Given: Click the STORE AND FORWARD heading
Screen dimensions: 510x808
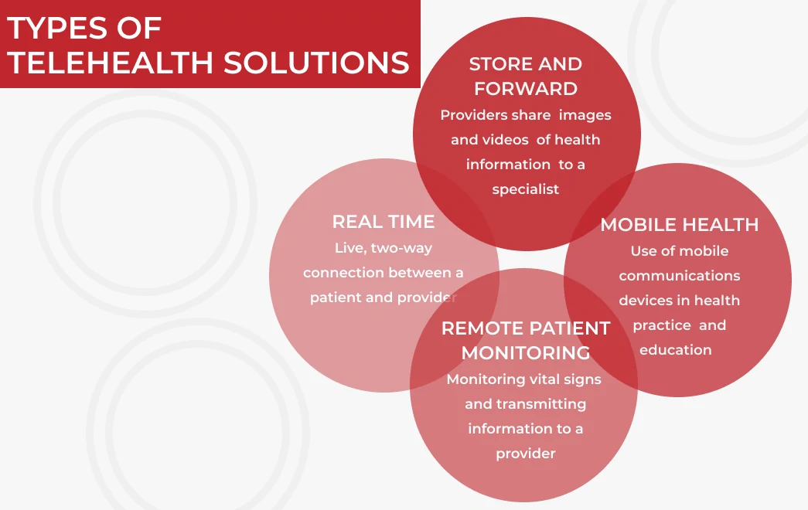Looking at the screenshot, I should point(526,76).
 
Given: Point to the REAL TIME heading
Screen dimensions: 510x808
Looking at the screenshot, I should point(384,222).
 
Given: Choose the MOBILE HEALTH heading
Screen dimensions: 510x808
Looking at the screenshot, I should point(680,225).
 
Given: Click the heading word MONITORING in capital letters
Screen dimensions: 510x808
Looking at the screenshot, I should point(526,353).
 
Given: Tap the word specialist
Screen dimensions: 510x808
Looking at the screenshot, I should point(526,189).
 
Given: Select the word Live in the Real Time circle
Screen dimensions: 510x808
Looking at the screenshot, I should point(350,248).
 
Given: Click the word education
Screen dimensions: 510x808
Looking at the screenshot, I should point(676,350).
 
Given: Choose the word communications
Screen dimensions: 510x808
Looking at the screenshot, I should point(680,276).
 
